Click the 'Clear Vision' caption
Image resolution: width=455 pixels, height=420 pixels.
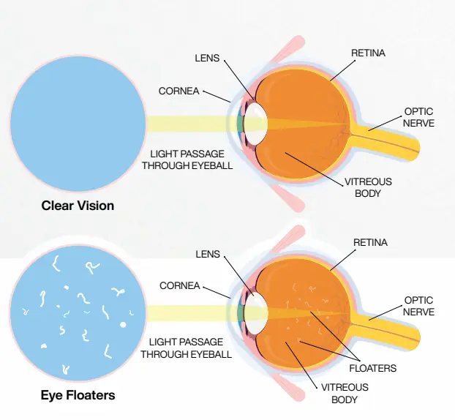click(x=78, y=206)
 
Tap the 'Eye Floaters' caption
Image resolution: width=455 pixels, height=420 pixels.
click(x=78, y=396)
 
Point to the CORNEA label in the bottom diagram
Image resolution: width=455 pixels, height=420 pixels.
click(x=179, y=285)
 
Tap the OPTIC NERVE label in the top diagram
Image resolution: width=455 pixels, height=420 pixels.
click(x=419, y=118)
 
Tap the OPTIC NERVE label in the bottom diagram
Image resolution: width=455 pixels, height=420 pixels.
click(x=419, y=306)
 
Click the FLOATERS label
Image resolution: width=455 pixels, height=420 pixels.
click(x=373, y=368)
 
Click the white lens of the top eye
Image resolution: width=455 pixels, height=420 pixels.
click(x=255, y=122)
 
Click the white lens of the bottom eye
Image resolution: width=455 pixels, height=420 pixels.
click(x=255, y=312)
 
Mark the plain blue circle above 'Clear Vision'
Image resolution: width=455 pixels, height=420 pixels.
click(x=78, y=121)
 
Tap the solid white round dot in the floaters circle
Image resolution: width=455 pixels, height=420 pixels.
click(x=123, y=324)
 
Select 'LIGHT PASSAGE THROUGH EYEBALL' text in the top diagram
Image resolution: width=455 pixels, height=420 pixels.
click(x=191, y=160)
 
